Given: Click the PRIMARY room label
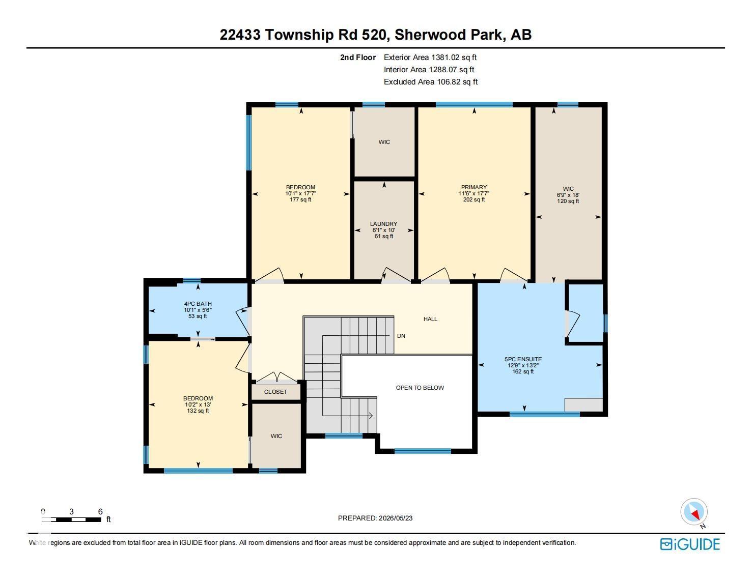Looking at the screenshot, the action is [474, 187].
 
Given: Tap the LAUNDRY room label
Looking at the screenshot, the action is [384, 224].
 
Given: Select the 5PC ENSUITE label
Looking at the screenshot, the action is [523, 359].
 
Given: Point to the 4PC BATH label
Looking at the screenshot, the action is [198, 304].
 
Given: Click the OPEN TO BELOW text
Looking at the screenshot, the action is [420, 388].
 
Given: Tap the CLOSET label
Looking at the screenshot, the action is [275, 392].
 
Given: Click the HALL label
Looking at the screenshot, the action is [430, 318].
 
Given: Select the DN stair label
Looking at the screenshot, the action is [401, 336].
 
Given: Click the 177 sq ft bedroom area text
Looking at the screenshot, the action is [300, 199].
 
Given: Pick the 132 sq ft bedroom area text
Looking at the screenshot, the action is [198, 411].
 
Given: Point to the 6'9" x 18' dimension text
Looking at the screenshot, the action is [568, 195].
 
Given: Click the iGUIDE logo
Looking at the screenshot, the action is [690, 544].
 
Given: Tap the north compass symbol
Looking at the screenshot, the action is [694, 512].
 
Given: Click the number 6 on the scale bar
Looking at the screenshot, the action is [100, 511].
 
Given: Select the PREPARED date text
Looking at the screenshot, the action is [375, 518].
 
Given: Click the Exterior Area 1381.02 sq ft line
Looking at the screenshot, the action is [430, 57].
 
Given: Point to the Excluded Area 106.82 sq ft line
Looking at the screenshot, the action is [431, 82].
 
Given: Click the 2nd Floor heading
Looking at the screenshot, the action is [358, 57].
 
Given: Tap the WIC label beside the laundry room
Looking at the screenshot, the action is [384, 142].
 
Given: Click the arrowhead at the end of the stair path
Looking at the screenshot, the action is [371, 416].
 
